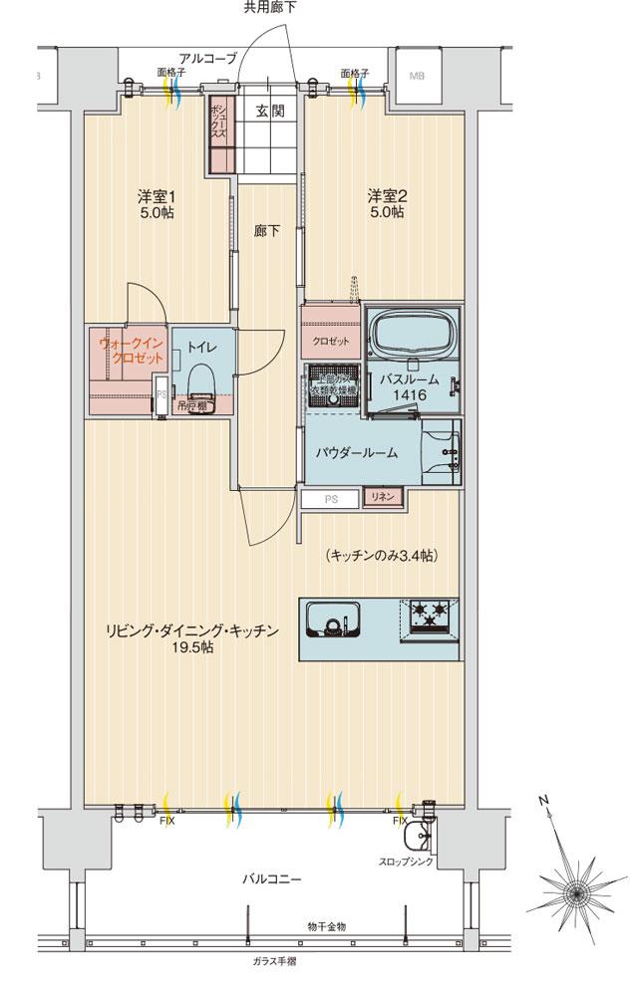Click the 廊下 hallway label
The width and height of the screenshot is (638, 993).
(266, 231)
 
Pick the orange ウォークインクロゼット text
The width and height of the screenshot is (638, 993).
(127, 351)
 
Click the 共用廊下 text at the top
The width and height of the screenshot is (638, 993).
(270, 8)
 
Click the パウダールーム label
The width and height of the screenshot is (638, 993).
(357, 452)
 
